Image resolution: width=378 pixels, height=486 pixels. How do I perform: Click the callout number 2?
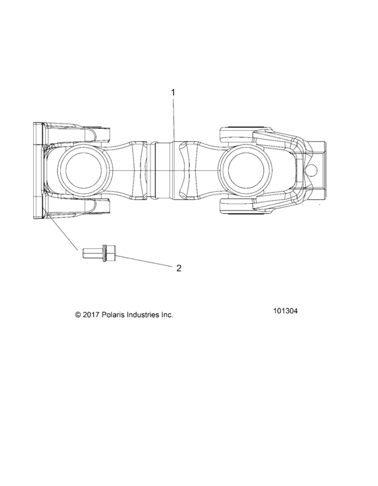178,268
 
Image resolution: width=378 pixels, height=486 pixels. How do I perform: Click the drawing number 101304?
286,312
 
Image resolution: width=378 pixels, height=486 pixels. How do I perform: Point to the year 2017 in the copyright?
92,315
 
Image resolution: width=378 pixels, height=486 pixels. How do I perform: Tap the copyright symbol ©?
78,315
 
